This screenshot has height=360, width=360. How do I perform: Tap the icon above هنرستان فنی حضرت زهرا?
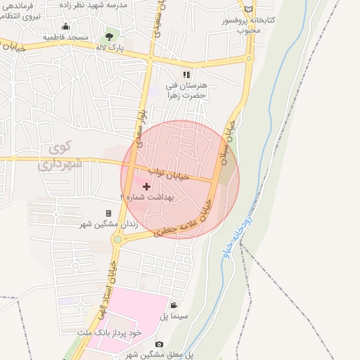tap(186, 74)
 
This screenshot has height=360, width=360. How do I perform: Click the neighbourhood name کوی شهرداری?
tap(61, 157)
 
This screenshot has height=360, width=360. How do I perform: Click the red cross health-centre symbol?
tap(146, 186)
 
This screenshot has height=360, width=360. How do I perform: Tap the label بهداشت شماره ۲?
tap(148, 198)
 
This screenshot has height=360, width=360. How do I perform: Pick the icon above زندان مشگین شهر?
tap(108, 213)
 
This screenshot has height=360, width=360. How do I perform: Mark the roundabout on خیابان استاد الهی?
tap(118, 239)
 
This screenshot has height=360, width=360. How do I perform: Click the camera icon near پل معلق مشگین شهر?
tap(159, 344)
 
